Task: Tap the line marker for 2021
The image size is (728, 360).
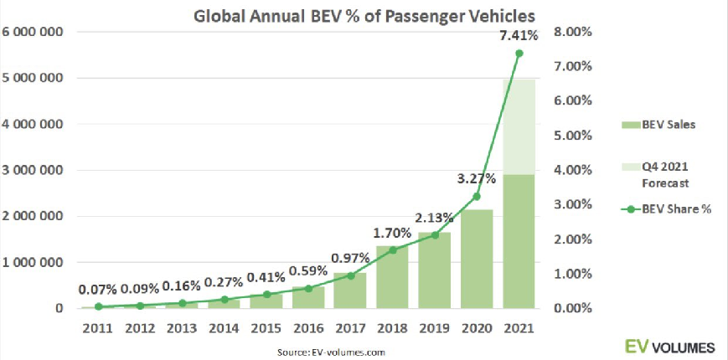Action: pos(519,54)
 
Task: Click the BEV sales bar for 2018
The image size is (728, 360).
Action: pos(392,277)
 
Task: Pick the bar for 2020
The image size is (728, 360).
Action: pos(477,259)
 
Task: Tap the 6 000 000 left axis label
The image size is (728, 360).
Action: pos(35,32)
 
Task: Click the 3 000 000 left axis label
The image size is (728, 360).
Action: pos(35,171)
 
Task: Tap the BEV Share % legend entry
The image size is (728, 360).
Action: pos(667,209)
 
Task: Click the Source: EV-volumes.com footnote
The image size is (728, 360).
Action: pos(331,351)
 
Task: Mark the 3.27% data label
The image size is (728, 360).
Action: pos(477,178)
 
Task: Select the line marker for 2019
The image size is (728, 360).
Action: pos(435,235)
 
